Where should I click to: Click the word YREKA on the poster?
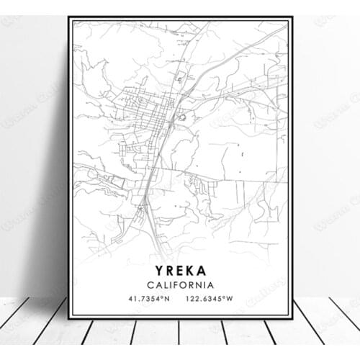tap(179, 271)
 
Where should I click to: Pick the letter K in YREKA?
tap(190, 271)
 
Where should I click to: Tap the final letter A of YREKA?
tap(202, 271)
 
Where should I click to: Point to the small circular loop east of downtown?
tap(181, 117)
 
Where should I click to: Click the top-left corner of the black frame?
tap(70, 17)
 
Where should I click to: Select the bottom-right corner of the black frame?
tap(292, 319)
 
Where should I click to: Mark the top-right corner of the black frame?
tap(292, 17)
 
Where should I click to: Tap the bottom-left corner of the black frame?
tap(70, 319)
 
